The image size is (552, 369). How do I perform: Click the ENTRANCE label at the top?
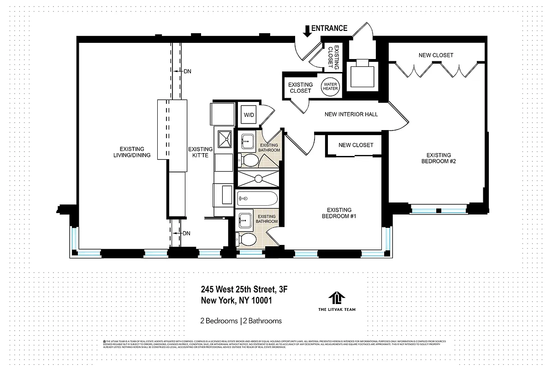(329, 28)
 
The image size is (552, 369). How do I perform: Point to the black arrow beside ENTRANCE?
(307, 30)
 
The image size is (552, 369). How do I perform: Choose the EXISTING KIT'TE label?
(201, 152)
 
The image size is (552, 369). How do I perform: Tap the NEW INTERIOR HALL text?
(351, 114)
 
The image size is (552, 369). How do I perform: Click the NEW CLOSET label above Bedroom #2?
(436, 55)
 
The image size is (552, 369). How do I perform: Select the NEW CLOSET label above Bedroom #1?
(356, 145)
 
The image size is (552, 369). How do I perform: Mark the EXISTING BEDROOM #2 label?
(439, 158)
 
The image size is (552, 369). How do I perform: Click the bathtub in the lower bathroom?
(257, 199)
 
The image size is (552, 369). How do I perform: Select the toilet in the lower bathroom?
(247, 240)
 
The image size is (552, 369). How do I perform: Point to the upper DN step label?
(187, 71)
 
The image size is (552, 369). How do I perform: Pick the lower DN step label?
(186, 233)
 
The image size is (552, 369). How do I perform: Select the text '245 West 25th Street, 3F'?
(244, 290)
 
